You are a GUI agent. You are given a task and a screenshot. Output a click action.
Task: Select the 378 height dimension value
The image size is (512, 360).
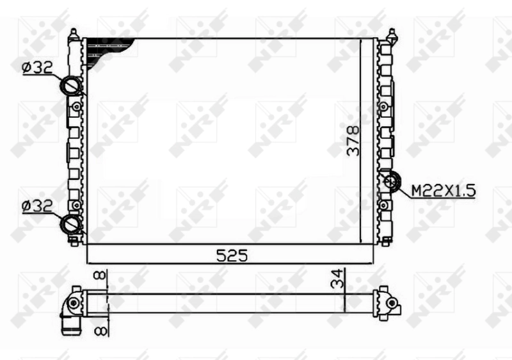(353, 140)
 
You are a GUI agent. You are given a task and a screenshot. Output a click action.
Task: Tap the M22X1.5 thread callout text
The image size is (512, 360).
(442, 190)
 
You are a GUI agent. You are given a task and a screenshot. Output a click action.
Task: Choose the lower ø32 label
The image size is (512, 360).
(37, 206)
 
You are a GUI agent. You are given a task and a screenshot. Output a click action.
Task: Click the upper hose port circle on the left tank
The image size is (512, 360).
(71, 86)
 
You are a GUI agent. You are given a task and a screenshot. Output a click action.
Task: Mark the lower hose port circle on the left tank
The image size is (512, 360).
(71, 224)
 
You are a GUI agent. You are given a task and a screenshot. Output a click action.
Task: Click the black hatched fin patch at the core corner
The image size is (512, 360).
(109, 47)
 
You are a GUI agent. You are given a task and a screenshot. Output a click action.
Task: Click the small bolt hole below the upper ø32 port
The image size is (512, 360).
(77, 106)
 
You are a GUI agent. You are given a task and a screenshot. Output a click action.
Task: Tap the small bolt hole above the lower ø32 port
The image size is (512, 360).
(76, 205)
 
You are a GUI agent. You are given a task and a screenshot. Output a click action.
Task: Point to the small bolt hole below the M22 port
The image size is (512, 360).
(384, 205)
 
